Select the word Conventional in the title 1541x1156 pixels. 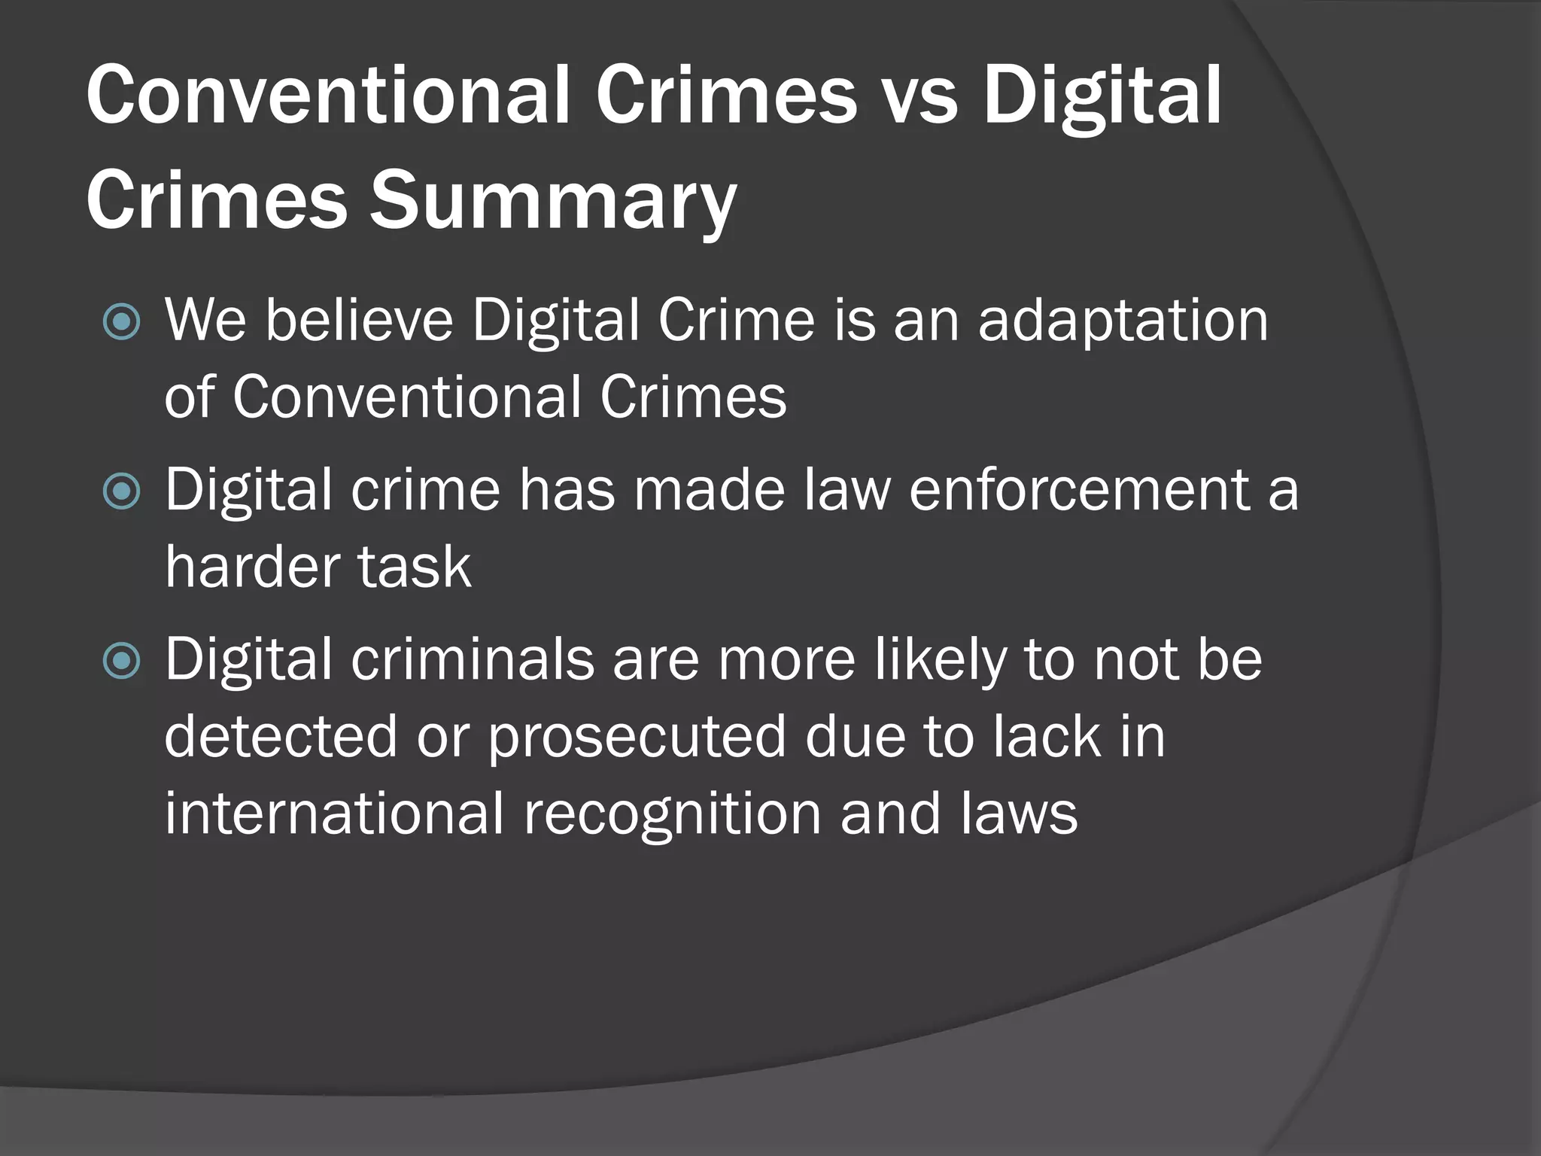(x=327, y=96)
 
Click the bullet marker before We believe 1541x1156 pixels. (x=121, y=322)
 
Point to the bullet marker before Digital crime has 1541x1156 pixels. (x=121, y=492)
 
